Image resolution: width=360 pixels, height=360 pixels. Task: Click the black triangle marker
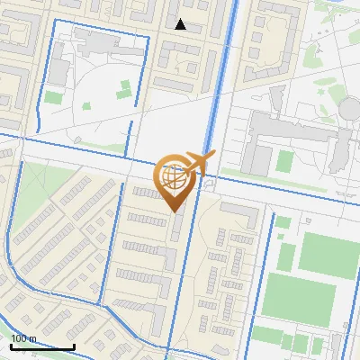[x=181, y=24]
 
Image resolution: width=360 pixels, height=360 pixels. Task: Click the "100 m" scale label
[x=24, y=337]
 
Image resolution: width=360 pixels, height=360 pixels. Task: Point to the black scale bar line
[x=42, y=346]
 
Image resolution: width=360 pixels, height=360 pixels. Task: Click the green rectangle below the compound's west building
[x=54, y=96]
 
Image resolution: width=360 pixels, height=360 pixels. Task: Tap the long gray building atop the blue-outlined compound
[x=108, y=42]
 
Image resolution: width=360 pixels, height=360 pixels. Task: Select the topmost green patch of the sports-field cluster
[x=283, y=221]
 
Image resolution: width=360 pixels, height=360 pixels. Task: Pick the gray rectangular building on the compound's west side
[x=58, y=67]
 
